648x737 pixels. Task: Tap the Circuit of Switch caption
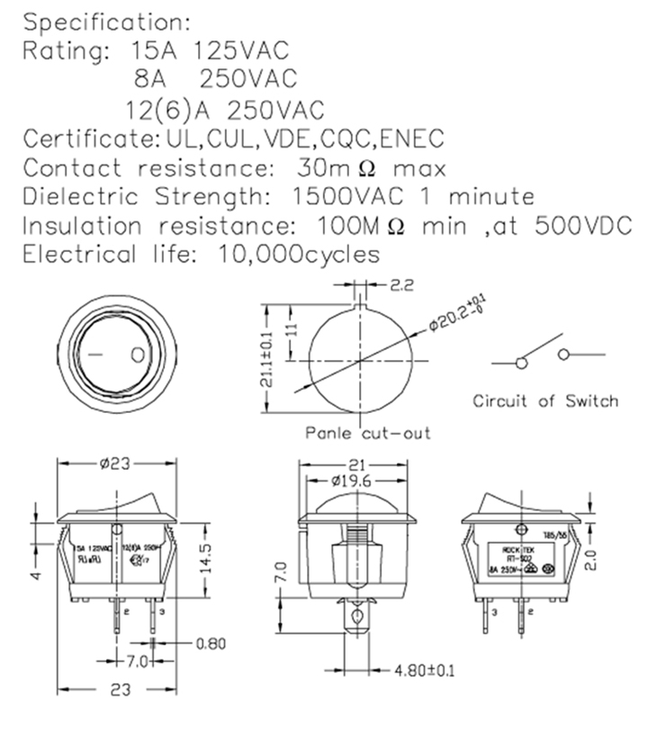tap(545, 401)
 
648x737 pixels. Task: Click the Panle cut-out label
tap(367, 433)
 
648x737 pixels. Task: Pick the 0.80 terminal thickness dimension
tap(211, 643)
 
